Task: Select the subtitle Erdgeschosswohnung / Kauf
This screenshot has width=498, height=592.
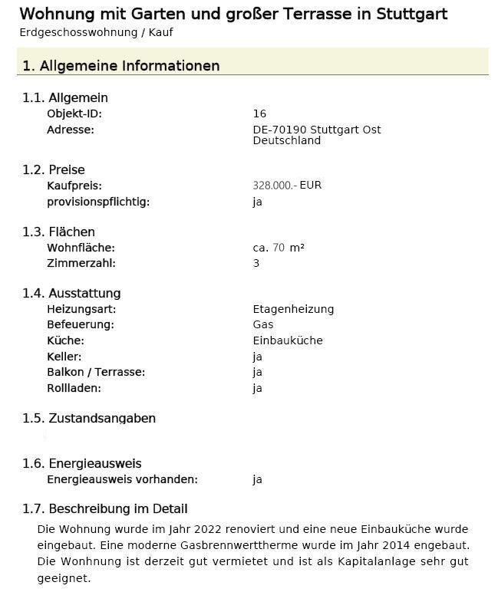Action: point(96,33)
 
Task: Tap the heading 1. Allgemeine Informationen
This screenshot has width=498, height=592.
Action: point(121,66)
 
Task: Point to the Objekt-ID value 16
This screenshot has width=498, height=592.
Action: point(259,113)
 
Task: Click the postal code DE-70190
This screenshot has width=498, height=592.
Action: point(279,130)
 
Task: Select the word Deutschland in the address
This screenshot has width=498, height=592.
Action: point(286,140)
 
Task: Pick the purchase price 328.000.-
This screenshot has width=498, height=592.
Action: point(274,186)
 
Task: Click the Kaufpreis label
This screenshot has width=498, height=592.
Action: point(74,186)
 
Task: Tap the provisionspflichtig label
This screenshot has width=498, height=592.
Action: point(98,202)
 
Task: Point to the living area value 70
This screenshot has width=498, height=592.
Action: point(279,248)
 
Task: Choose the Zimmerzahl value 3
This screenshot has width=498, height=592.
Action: point(256,263)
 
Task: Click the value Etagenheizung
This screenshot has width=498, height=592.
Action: point(293,309)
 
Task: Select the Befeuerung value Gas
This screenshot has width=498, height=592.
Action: point(263,324)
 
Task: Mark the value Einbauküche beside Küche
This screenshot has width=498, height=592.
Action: point(288,340)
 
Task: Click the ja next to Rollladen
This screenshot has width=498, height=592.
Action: point(258,388)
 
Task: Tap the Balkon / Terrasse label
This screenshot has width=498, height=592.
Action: point(96,372)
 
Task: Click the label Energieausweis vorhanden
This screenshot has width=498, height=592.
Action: point(122,479)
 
